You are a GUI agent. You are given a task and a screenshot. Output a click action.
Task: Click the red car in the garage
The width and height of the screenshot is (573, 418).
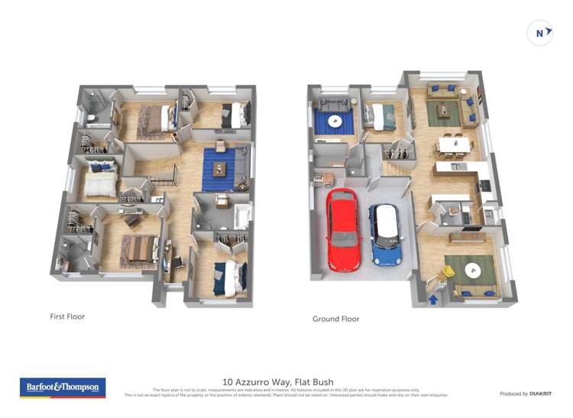click(x=344, y=229)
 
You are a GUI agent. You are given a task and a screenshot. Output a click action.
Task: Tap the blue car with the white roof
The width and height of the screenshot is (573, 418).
click(x=386, y=234)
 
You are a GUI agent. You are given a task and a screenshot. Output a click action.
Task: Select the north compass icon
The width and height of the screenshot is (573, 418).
click(x=540, y=33)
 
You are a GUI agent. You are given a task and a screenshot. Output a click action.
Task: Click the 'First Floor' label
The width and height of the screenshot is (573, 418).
click(x=67, y=316)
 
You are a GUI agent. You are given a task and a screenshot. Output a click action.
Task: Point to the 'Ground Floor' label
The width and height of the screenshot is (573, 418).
click(x=335, y=319)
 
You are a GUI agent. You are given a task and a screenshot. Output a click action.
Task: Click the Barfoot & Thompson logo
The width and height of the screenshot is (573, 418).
click(x=62, y=387)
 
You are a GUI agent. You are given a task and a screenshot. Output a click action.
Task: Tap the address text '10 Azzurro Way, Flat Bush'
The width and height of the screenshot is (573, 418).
click(x=278, y=381)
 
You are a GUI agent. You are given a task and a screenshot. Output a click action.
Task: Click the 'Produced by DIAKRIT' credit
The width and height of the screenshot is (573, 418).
click(x=526, y=394)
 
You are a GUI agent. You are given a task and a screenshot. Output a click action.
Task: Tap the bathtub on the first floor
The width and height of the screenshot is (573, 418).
click(x=242, y=216)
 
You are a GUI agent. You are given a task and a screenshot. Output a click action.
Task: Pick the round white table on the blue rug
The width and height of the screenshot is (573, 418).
click(x=334, y=121)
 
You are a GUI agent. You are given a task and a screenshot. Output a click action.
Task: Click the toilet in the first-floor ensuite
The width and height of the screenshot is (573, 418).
click(x=90, y=118)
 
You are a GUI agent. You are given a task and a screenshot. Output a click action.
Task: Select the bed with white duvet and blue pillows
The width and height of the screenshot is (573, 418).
click(x=100, y=180)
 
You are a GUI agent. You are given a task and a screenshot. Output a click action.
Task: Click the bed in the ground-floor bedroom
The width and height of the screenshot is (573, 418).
click(x=380, y=116)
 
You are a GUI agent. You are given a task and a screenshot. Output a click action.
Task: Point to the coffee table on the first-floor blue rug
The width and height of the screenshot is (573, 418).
click(x=220, y=169)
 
